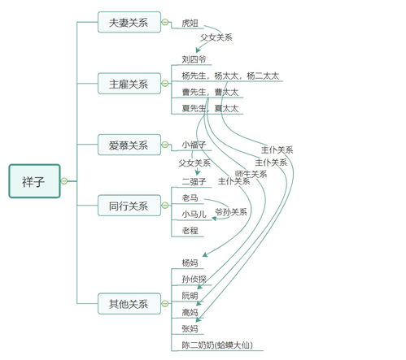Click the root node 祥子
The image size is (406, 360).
34,180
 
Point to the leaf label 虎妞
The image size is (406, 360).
190,24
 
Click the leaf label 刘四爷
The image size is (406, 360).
194,60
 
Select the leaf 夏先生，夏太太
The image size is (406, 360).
210,108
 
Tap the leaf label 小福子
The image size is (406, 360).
194,145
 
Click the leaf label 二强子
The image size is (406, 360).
194,181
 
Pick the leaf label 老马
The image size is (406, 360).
190,198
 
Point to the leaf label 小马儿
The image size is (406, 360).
194,215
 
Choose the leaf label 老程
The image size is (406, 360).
190,231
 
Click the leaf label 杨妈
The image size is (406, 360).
190,263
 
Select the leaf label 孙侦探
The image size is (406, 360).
194,280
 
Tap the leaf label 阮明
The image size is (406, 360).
190,296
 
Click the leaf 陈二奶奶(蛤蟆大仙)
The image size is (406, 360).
216,345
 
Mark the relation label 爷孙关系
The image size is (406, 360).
231,212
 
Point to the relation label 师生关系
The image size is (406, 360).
251,174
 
